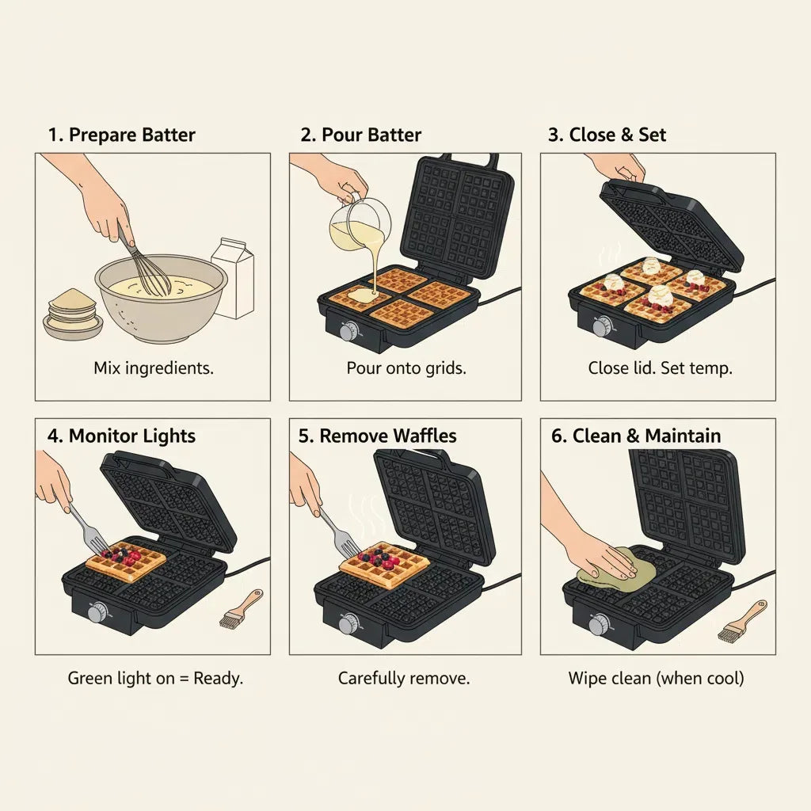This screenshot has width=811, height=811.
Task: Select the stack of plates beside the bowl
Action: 73,314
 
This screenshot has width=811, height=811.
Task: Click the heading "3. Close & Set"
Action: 607,135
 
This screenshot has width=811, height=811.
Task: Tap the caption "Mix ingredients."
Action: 154,368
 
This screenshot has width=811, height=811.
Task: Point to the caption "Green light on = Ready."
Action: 155,678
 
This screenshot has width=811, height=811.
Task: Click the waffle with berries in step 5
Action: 385,564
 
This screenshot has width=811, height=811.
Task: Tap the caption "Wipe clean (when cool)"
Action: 656,678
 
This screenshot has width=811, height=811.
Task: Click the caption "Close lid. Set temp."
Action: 660,368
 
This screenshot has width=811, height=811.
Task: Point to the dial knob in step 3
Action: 603,326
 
